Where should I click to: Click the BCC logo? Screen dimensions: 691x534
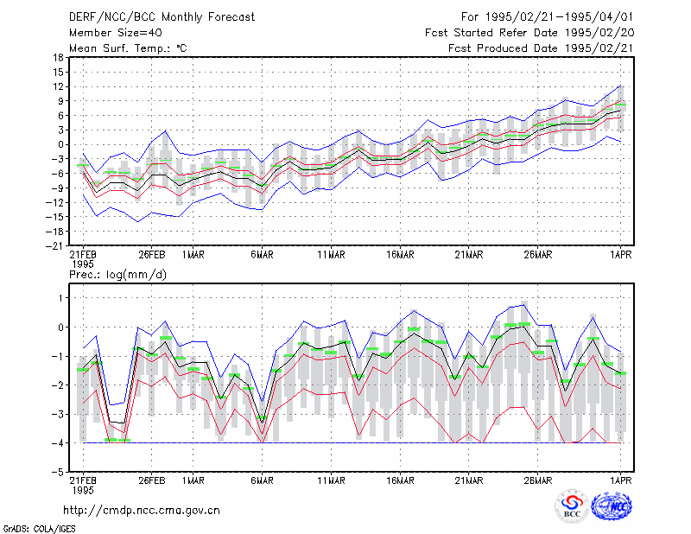(572, 505)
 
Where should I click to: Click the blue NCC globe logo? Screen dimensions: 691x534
(612, 506)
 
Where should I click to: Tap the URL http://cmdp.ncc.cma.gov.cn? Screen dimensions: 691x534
(142, 511)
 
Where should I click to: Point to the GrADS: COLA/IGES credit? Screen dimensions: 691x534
(39, 529)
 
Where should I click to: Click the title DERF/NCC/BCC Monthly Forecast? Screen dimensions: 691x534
(162, 17)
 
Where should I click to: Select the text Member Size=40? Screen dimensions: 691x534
(116, 33)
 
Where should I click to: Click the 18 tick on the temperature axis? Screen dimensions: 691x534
(58, 57)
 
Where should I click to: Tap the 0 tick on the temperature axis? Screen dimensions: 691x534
(60, 144)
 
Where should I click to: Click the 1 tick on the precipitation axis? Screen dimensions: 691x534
(61, 298)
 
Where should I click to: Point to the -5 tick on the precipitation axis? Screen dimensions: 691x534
(58, 472)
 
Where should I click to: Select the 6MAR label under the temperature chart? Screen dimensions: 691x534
(263, 255)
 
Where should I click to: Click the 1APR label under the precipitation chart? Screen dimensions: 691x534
(620, 480)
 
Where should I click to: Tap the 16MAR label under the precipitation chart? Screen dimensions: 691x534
(400, 480)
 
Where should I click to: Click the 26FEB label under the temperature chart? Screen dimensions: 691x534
(152, 255)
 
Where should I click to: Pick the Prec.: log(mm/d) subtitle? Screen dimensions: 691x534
(117, 275)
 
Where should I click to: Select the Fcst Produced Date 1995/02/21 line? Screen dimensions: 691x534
(541, 48)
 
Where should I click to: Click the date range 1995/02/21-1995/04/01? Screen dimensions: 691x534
(559, 17)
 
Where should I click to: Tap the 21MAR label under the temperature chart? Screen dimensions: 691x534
(469, 255)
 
